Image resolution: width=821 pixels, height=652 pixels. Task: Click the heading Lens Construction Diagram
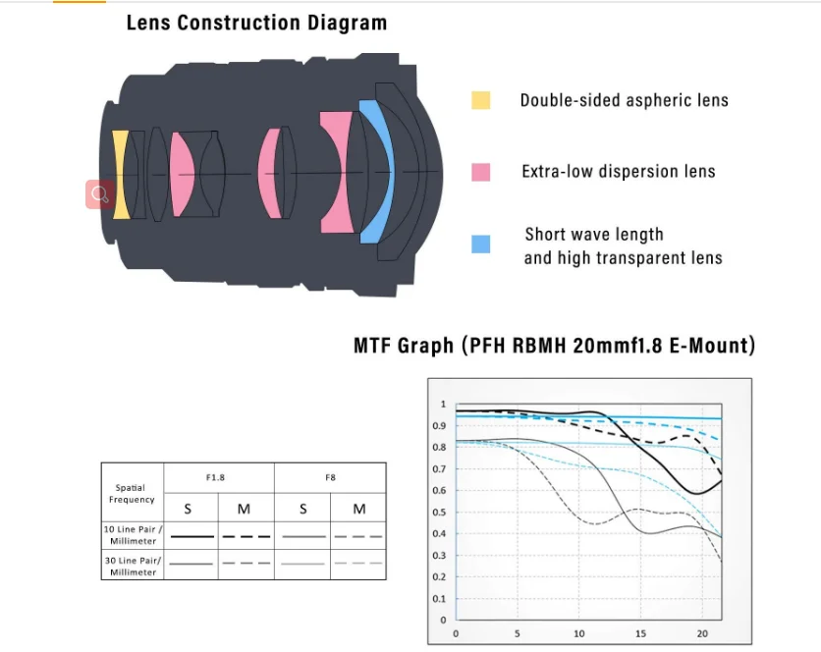tap(256, 23)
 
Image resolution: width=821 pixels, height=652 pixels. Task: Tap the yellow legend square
tap(480, 100)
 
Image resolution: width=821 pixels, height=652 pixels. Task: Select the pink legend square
tap(480, 172)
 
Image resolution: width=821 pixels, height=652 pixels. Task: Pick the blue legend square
tap(480, 244)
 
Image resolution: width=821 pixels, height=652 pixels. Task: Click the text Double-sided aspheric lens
tap(624, 100)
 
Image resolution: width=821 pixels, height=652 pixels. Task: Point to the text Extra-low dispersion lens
tap(618, 172)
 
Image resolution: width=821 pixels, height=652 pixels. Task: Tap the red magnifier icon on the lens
tap(99, 194)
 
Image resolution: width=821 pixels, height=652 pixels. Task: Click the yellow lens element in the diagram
tap(120, 174)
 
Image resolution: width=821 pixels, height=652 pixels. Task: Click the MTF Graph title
tap(554, 346)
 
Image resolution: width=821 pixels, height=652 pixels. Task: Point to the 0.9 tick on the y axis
tap(442, 426)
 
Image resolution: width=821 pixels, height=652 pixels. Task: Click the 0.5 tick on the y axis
tap(442, 513)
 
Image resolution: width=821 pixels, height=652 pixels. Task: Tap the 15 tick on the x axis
tap(642, 634)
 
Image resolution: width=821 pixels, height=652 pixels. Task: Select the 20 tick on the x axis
tap(703, 634)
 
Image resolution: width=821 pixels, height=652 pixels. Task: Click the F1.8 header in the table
tap(215, 477)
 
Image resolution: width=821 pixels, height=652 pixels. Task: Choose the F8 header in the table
tap(331, 477)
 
